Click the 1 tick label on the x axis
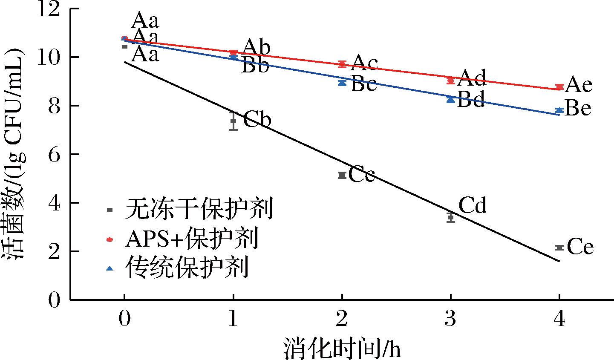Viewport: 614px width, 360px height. tap(233, 320)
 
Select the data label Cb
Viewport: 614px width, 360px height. tap(257, 120)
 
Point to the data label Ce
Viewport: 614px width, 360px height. tap(580, 248)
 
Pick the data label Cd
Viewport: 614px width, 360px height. tap(473, 206)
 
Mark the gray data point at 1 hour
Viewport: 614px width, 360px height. tap(233, 121)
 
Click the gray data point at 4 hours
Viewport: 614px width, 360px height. tap(560, 248)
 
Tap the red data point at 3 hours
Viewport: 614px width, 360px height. tap(451, 81)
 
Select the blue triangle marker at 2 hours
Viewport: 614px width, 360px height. tap(342, 83)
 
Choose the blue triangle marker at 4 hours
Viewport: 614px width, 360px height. tap(560, 110)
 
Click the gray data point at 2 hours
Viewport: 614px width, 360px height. tap(342, 175)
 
